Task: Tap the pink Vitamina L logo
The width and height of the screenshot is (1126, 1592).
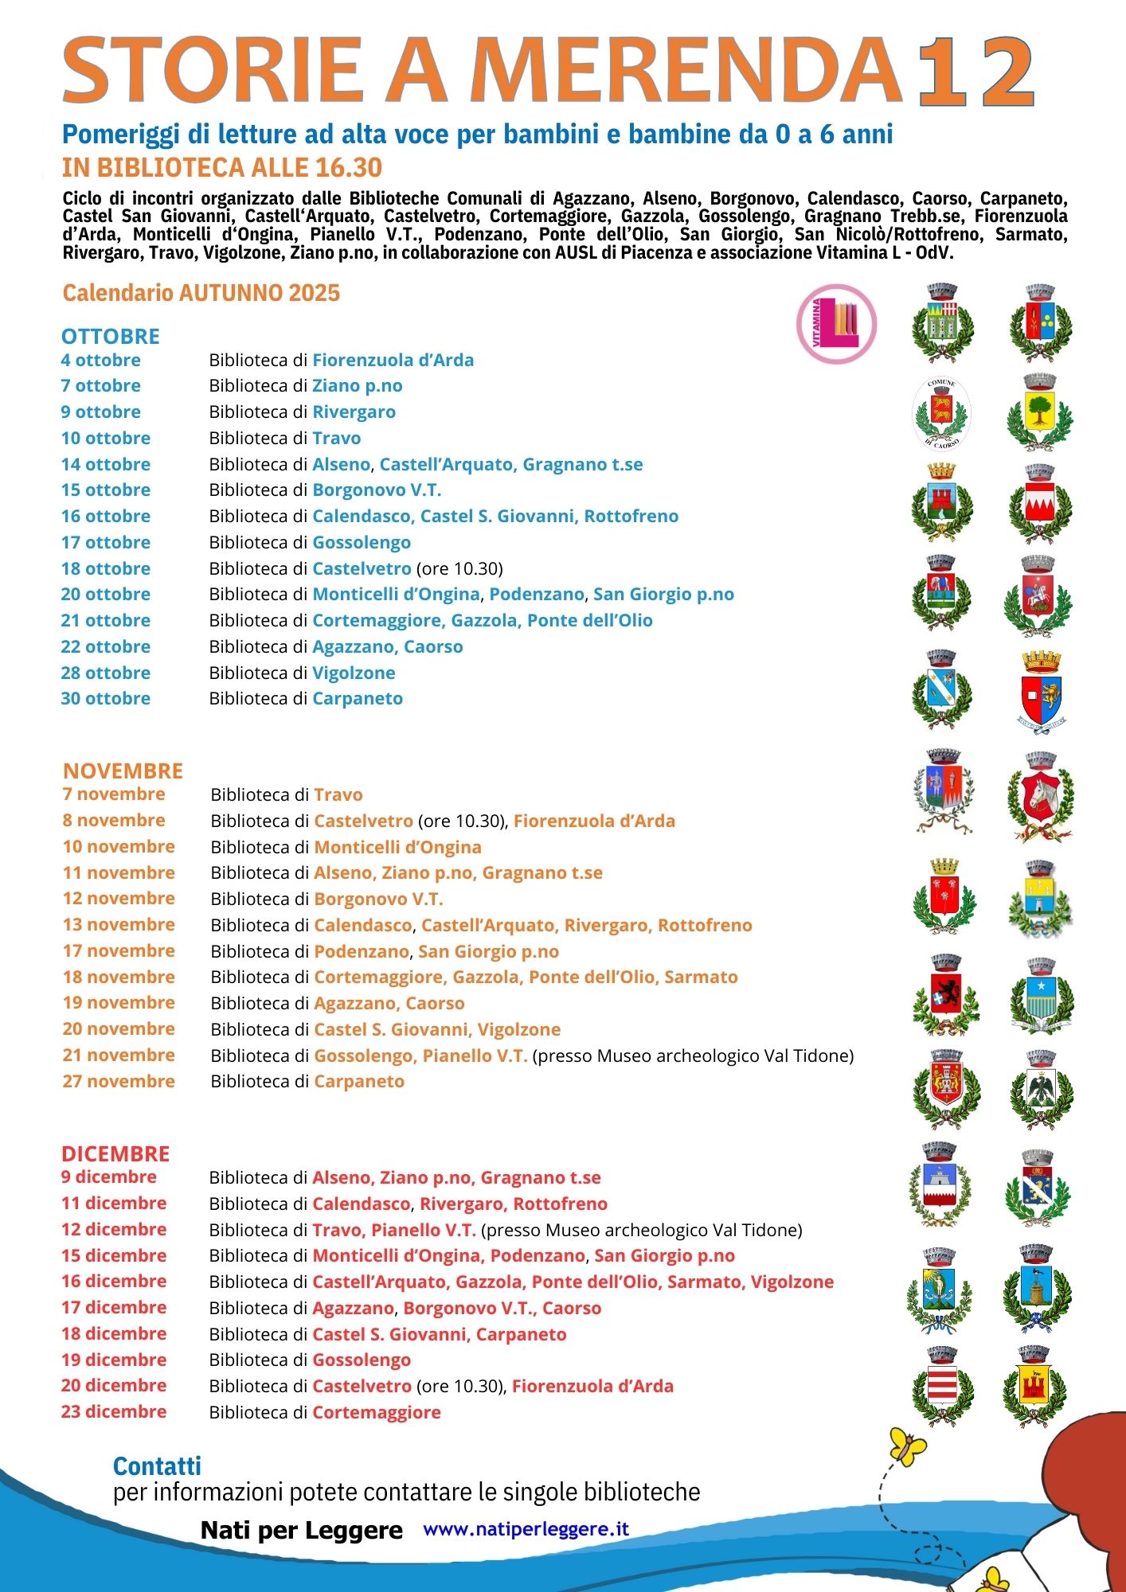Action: tap(836, 324)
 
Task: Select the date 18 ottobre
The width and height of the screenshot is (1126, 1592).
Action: tap(106, 568)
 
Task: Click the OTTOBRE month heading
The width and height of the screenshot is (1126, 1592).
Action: tap(111, 336)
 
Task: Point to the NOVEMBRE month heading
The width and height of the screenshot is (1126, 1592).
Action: tap(123, 771)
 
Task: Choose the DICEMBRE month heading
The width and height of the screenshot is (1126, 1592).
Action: tap(115, 1153)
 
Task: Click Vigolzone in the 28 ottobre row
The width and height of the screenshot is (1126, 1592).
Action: tap(354, 673)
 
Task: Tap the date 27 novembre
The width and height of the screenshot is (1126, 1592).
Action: tap(119, 1081)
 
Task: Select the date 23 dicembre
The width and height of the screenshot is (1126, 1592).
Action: tap(114, 1411)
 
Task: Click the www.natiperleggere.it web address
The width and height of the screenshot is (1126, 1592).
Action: tap(526, 1528)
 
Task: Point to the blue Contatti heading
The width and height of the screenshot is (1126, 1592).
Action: tap(157, 1465)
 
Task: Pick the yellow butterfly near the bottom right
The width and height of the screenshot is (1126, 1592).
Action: tap(908, 1446)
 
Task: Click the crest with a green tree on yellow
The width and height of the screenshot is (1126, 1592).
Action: tap(1040, 412)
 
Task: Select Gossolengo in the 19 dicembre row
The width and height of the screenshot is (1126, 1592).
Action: tap(362, 1360)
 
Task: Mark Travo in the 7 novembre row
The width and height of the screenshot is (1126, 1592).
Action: tap(338, 794)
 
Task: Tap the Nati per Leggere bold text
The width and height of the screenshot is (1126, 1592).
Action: tap(301, 1530)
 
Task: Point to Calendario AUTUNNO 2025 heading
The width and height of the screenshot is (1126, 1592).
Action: tap(201, 293)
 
